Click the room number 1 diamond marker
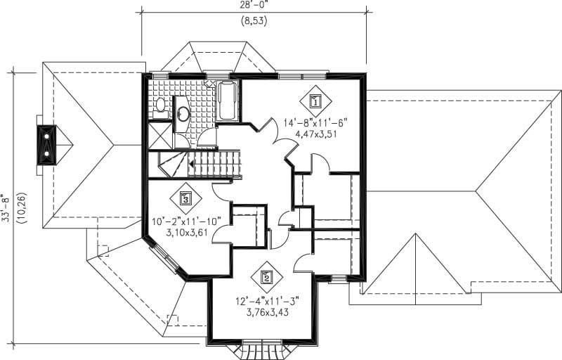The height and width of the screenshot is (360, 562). [x=315, y=101]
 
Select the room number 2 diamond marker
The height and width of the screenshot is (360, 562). [x=266, y=277]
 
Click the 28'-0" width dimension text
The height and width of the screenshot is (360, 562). [x=254, y=6]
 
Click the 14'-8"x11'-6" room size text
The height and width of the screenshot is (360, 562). [x=315, y=122]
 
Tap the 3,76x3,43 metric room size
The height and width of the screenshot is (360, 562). [x=266, y=311]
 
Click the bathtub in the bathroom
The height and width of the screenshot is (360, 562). [x=228, y=101]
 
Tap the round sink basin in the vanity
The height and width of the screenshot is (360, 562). [x=183, y=113]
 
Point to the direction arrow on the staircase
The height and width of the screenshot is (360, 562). [x=192, y=163]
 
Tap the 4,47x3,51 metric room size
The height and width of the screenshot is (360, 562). [x=315, y=134]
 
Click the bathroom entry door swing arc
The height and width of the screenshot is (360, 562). [x=207, y=138]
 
